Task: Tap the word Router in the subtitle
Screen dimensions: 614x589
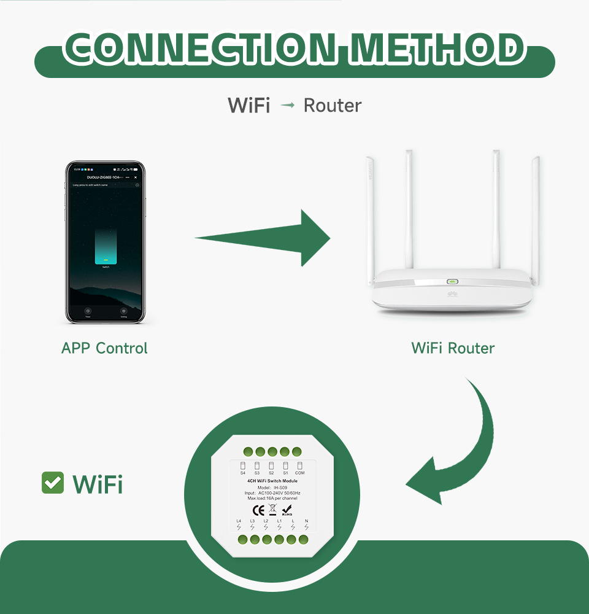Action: click(333, 106)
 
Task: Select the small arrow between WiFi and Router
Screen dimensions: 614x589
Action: click(287, 106)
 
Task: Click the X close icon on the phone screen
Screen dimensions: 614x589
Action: click(136, 177)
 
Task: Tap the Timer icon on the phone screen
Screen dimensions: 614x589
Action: click(88, 311)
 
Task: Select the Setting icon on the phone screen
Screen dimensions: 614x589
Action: click(123, 311)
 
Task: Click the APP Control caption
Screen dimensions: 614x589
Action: click(104, 348)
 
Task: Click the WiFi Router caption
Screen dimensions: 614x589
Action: click(453, 348)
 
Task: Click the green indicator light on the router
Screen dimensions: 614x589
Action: click(453, 282)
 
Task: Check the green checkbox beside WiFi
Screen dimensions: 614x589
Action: click(53, 483)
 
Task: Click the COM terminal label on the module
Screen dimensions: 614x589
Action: click(300, 473)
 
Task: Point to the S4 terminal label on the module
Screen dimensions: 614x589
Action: click(243, 473)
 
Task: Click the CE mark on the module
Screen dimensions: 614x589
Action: click(258, 508)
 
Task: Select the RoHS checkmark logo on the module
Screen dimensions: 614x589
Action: click(287, 509)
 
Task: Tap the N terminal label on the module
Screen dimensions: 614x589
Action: click(306, 521)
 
